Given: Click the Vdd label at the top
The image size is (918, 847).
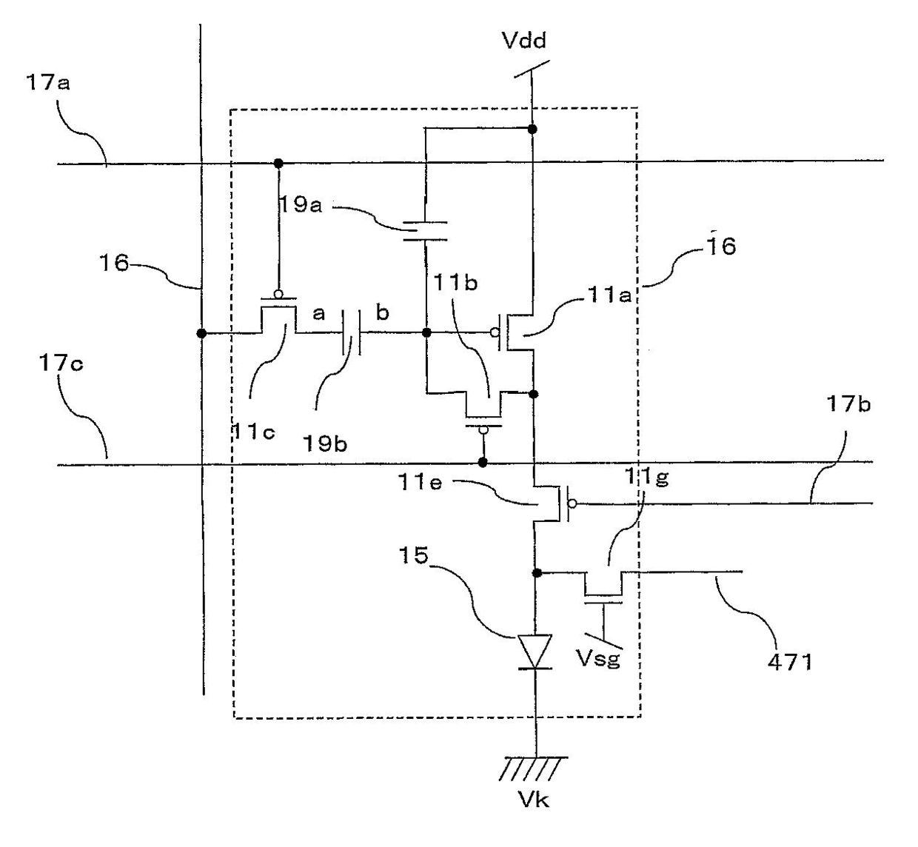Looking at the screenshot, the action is tap(524, 41).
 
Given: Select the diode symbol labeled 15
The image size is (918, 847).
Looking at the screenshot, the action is tap(535, 652).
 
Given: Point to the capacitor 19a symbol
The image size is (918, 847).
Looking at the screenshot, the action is tap(425, 231).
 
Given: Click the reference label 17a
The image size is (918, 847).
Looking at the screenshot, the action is tap(47, 84).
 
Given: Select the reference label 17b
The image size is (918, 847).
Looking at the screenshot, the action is tap(848, 404).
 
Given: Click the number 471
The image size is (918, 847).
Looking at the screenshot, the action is tap(790, 663).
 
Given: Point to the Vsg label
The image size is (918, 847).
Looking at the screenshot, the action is tap(598, 658).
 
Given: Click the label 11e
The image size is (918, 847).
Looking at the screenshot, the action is tap(420, 483).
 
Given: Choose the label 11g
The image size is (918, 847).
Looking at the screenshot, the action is tap(646, 476).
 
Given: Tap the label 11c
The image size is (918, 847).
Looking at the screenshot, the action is tap(253, 432).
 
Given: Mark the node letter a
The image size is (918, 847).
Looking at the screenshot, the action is tap(319, 314).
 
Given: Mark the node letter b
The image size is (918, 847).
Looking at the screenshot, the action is tap(382, 312).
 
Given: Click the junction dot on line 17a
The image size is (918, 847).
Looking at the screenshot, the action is tap(278, 163).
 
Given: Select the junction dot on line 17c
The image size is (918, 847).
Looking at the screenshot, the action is tap(483, 462).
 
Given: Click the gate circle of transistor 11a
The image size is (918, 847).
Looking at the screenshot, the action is tap(495, 332).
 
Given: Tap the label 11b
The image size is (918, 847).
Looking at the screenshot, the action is tap(455, 282).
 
